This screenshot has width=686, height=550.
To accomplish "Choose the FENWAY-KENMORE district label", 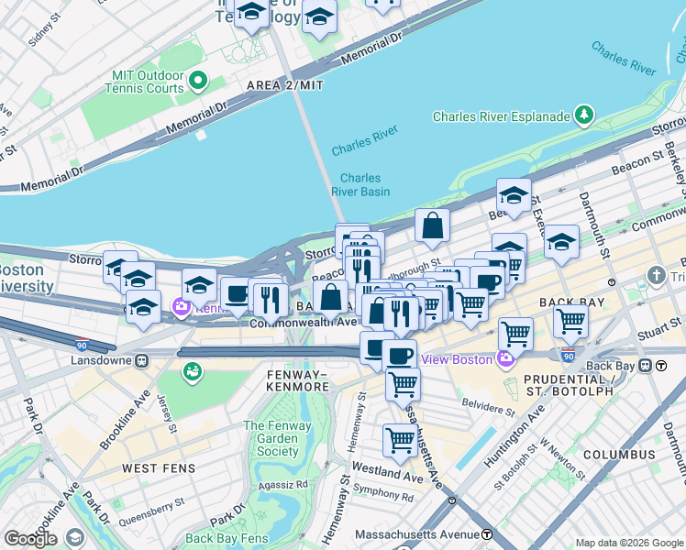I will [296, 380].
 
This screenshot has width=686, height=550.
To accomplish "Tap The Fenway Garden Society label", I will [278, 438].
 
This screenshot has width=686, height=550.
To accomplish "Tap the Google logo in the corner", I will [30, 539].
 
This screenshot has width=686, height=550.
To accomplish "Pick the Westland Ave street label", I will [392, 472].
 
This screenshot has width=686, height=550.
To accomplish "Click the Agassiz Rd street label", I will [288, 485].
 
